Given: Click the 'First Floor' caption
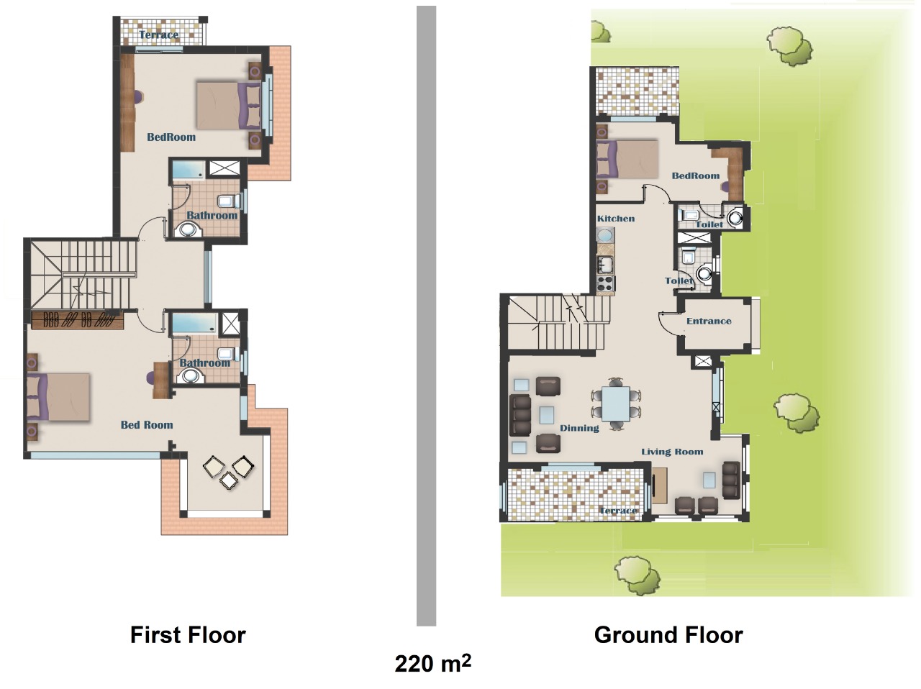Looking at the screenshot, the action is [188, 635].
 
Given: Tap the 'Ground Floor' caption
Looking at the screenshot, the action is [668, 635].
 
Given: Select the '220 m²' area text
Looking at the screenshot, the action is [432, 663].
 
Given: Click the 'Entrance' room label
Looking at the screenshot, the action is [709, 321].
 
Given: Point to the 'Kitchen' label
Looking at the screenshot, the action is [615, 219].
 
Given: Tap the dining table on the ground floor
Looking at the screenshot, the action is [615, 403].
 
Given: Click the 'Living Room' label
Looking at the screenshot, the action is [672, 452].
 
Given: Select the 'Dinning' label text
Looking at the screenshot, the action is [579, 428].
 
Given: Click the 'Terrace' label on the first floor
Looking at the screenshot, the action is [158, 35].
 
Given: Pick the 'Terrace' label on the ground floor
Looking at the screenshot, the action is [618, 511].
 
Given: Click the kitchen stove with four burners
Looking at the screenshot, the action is [605, 283].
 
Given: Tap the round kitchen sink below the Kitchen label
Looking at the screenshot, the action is [605, 235].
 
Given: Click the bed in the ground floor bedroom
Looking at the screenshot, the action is [627, 160].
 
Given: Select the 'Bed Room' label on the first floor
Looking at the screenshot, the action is [147, 425].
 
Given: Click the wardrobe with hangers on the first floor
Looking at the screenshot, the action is [78, 319].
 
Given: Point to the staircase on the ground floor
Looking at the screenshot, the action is [558, 322].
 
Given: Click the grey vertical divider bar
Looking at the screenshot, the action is [426, 316].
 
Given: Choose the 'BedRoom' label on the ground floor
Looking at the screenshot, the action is [696, 175].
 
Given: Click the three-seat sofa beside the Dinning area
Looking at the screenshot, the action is [520, 415].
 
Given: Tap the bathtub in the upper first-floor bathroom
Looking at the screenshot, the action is [189, 170].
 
